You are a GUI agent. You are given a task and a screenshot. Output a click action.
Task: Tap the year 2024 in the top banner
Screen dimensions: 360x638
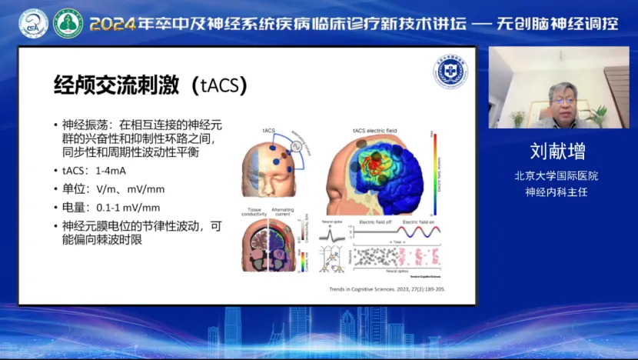click(x=112, y=24)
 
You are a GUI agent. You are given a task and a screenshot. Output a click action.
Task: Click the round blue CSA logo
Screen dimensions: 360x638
click(x=33, y=24)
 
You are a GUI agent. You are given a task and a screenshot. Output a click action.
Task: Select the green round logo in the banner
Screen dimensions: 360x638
click(x=68, y=24)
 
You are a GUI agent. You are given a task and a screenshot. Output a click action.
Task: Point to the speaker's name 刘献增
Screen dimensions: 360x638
click(x=557, y=150)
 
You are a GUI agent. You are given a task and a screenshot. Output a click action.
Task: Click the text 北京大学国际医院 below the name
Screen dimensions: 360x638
click(x=557, y=175)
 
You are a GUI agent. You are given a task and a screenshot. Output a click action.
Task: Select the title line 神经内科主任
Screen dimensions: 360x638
click(x=557, y=192)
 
